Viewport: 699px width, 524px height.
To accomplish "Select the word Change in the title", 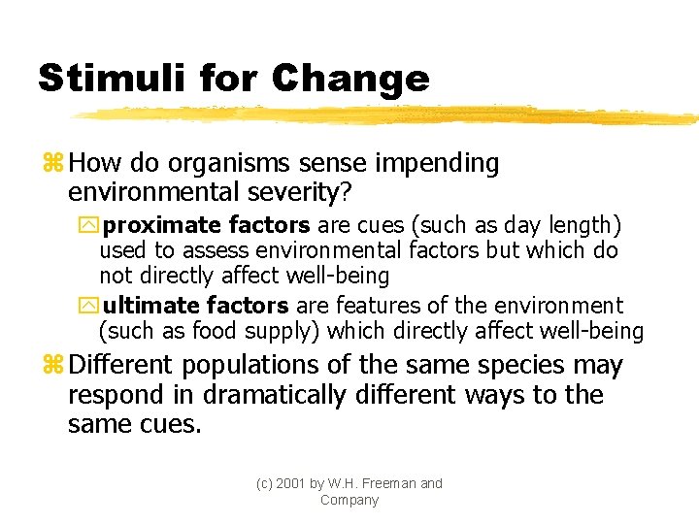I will [x=350, y=78].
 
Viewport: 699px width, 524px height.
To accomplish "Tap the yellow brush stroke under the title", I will [x=388, y=115].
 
